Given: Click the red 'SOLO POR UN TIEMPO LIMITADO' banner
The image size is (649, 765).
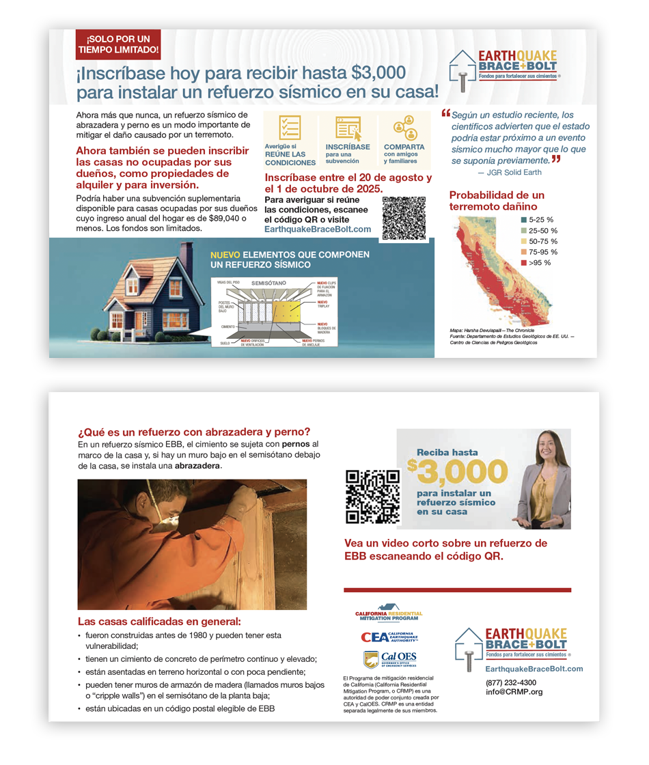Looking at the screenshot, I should pos(118,44).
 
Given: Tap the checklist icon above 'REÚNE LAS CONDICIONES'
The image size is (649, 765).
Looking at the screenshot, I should pos(290,128).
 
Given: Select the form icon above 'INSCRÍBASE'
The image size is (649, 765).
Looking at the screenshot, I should pos(348,128).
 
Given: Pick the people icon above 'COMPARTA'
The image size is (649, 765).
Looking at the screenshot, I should pos(404,127).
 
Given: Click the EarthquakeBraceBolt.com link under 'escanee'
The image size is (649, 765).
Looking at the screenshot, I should pos(317,229).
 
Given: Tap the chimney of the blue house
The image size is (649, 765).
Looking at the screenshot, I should pos(186,252).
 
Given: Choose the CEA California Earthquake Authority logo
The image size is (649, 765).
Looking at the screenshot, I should pos(389,637).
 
